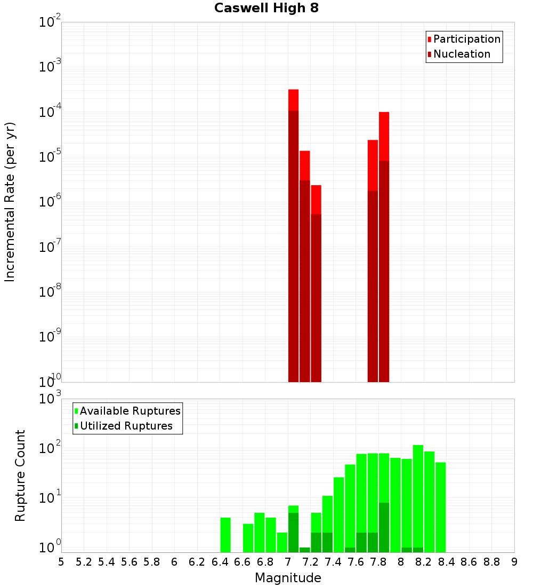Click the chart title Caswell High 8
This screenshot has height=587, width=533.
266,9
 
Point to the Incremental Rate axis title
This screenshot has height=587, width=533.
10,202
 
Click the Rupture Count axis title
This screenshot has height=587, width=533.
20,475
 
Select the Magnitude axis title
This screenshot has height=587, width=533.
288,578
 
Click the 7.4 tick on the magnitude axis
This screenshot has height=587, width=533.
333,562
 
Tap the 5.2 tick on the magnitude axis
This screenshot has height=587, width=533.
84,562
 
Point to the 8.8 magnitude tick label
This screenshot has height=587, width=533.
491,562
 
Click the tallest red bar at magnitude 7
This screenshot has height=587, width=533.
293,235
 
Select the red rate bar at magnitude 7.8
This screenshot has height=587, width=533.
384,245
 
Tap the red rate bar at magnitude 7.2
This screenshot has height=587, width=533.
316,283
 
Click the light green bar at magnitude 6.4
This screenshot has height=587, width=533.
225,535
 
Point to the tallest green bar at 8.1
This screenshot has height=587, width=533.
418,496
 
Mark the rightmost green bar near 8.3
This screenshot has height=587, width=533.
440,507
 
